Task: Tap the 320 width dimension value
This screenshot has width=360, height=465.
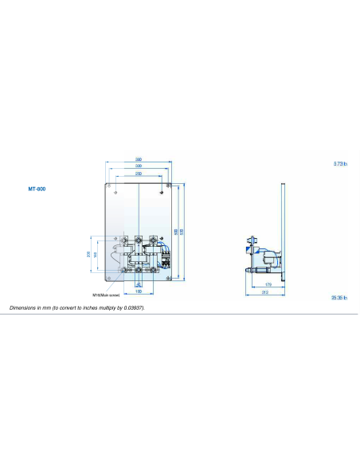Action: click(x=139, y=166)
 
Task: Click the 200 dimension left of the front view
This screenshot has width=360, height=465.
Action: click(x=88, y=255)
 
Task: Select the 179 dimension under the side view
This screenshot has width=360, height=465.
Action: click(x=268, y=284)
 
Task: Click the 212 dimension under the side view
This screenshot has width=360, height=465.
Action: click(x=264, y=293)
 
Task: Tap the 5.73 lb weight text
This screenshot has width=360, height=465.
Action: click(x=341, y=164)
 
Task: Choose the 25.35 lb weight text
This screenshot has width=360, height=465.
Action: click(x=340, y=298)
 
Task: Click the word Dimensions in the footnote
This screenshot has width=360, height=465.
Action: click(x=25, y=307)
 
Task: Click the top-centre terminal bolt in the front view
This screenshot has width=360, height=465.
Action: click(x=139, y=238)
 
